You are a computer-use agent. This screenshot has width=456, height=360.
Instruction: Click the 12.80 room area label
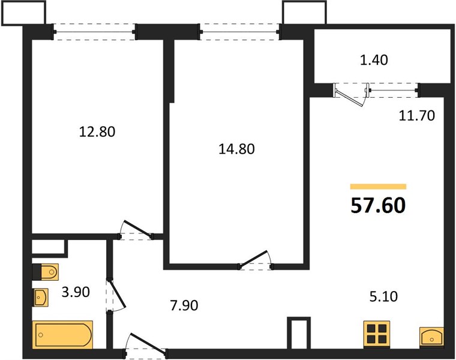coord(97,131)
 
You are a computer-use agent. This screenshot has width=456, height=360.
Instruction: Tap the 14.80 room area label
coord(237,149)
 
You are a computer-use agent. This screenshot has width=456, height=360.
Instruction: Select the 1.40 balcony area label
coord(374,60)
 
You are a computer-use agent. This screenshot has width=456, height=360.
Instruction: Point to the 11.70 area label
coord(417,115)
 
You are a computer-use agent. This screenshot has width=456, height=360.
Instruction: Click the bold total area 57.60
coord(378,205)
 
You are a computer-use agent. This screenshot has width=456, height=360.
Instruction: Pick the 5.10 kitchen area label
coord(383,296)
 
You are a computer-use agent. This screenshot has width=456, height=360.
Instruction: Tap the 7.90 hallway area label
coord(184,305)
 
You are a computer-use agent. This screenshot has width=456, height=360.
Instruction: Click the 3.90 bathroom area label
coord(76,292)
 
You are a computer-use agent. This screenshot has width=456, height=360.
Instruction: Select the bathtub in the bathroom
coord(62,335)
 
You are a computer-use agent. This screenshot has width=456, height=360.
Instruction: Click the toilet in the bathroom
coord(46,272)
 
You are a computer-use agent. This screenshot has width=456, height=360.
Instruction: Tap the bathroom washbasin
coord(40,298)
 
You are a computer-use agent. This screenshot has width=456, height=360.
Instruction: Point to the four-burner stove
coord(377,334)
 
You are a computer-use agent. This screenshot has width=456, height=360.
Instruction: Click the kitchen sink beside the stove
coord(431,337)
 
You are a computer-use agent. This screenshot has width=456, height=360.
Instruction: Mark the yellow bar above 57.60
coord(378,187)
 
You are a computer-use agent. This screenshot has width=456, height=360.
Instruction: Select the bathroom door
coord(116,295)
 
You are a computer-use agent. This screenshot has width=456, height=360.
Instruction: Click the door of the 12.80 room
coord(136,230)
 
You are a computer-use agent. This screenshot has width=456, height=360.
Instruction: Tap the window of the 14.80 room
coord(239,32)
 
